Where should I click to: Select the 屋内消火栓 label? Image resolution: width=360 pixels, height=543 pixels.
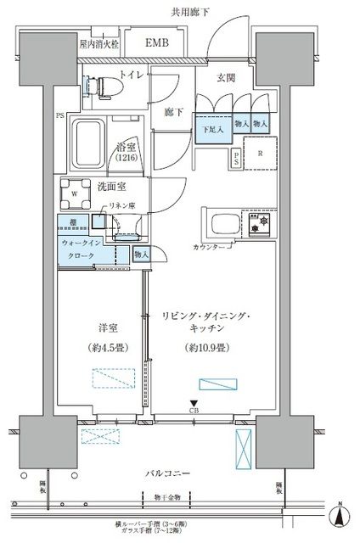[98, 42]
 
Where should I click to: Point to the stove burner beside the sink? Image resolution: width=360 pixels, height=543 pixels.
[260, 225]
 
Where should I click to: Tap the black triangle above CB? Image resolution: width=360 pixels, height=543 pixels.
[194, 405]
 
